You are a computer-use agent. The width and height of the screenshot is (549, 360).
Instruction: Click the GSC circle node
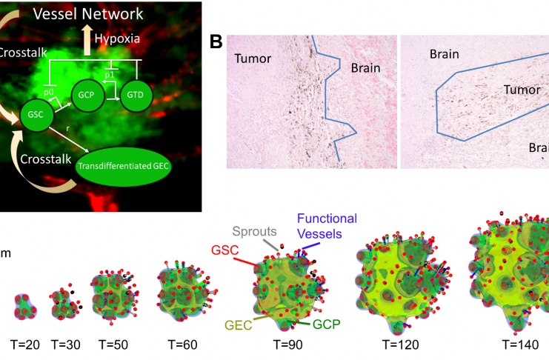(x=36, y=115)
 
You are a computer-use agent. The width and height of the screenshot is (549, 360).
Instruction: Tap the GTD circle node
(x=136, y=95)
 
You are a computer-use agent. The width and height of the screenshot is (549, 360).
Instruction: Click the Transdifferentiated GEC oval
(x=123, y=166)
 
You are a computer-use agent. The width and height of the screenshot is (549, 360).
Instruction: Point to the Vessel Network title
(x=88, y=14)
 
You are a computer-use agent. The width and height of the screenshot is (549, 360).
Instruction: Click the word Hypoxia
(x=117, y=39)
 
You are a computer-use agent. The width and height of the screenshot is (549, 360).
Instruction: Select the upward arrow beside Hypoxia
(x=87, y=40)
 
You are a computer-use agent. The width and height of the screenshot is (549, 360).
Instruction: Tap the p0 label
(x=49, y=93)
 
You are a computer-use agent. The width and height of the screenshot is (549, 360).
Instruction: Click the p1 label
(x=110, y=75)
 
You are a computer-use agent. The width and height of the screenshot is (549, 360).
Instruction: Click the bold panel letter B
(x=216, y=41)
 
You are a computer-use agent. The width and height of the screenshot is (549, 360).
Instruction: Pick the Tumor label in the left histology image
(x=253, y=59)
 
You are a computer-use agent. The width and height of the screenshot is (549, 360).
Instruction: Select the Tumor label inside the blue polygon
(x=522, y=90)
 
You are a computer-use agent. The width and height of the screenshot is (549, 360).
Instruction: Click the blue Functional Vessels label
(x=327, y=226)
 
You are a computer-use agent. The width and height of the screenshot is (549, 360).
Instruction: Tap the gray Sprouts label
(x=255, y=231)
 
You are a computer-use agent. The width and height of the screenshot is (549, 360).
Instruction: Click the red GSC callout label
(x=224, y=250)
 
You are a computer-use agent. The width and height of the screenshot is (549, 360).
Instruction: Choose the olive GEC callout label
(x=239, y=325)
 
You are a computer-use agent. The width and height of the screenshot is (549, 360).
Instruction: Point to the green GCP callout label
(x=326, y=324)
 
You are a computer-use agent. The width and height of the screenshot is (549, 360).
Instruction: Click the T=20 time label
(x=25, y=345)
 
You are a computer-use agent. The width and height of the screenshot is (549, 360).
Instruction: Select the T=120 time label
(x=401, y=345)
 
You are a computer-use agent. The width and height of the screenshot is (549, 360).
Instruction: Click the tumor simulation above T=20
(x=25, y=307)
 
